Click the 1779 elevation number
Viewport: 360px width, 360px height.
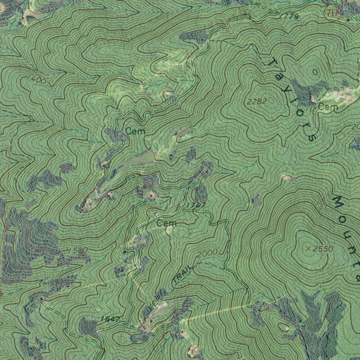(289, 16)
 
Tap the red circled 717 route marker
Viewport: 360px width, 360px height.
(332, 14)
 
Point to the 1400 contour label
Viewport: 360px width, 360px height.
(36, 80)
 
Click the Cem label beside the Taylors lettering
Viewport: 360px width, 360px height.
(328, 107)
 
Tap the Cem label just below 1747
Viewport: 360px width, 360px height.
(166, 223)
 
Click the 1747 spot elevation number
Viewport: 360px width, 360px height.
(196, 205)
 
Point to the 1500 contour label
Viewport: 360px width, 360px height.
(78, 250)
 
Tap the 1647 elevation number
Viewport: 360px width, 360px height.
(110, 319)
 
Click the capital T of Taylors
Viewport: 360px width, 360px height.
(272, 63)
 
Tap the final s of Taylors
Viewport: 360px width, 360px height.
(311, 137)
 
